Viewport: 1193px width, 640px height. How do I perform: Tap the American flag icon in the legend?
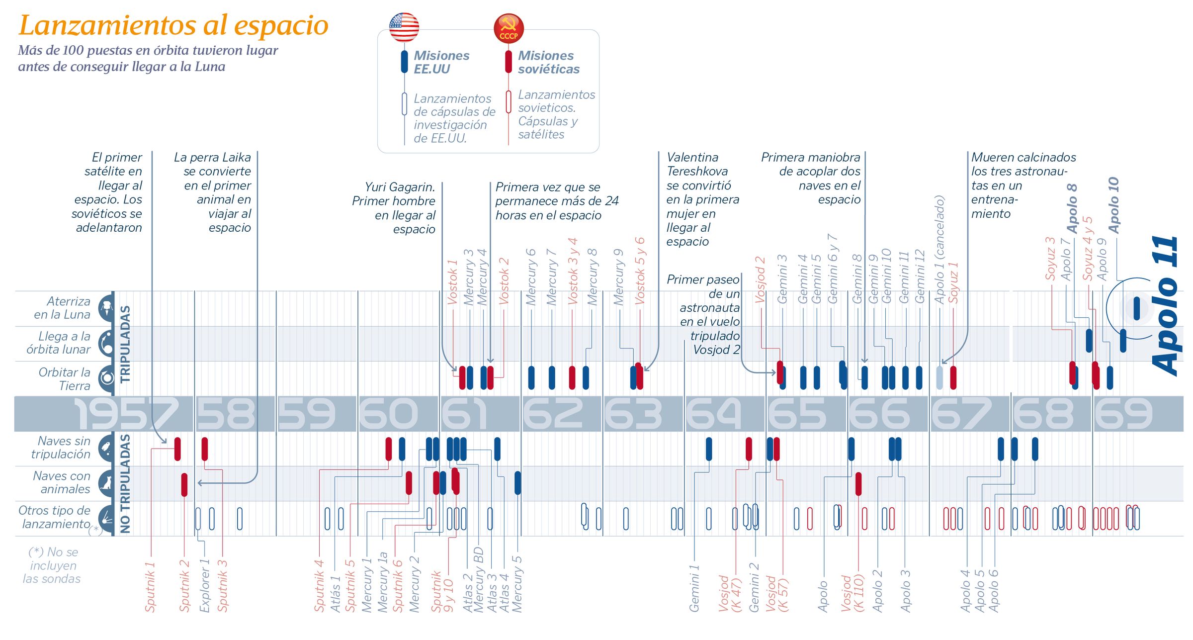[404, 27]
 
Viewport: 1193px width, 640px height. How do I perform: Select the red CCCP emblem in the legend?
[509, 28]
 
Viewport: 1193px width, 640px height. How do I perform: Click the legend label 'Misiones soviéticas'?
[548, 62]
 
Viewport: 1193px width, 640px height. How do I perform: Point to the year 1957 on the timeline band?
[126, 414]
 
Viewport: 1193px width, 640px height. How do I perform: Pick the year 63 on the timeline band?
[633, 414]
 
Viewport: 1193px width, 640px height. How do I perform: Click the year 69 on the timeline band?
[1123, 414]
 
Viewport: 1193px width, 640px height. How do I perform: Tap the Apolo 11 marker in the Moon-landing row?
[1136, 308]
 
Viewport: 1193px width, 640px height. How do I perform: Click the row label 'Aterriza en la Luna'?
[62, 308]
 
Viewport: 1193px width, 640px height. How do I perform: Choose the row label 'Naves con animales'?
[62, 482]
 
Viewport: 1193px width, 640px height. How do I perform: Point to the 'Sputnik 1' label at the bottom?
[150, 587]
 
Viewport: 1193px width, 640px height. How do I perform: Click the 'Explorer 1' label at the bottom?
[204, 585]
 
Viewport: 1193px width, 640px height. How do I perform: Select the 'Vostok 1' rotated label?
[452, 282]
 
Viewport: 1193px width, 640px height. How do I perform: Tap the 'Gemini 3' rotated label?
[782, 279]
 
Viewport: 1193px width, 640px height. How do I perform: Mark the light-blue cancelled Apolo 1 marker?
[939, 377]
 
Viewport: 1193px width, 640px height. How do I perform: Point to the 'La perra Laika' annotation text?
[213, 192]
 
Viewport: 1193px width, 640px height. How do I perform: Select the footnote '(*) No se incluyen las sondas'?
[52, 565]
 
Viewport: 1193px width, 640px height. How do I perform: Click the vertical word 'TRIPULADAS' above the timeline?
[125, 344]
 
